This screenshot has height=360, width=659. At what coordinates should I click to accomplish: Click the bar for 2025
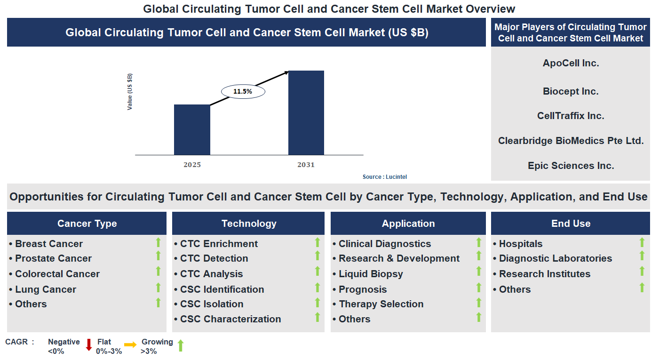192,130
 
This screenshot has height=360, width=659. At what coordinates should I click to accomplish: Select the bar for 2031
306,113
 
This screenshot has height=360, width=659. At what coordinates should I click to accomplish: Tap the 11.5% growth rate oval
243,91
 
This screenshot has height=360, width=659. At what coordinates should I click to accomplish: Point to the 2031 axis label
306,165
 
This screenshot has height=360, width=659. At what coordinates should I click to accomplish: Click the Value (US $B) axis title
130,92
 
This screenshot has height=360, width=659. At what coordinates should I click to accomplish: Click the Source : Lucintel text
384,177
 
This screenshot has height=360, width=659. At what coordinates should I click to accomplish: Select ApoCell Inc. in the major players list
571,63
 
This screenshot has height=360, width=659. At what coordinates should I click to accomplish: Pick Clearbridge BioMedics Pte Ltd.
571,140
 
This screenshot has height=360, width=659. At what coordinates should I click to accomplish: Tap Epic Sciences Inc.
571,166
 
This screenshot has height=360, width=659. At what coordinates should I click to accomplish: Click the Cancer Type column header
87,224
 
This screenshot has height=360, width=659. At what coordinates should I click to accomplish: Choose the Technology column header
248,224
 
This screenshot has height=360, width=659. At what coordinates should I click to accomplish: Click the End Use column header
571,224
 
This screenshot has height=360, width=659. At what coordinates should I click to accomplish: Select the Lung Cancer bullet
45,289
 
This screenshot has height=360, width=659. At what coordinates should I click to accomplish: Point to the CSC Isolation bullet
212,304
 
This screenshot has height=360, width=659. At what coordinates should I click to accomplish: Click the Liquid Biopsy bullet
371,274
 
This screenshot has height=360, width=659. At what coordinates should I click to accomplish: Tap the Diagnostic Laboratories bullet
555,258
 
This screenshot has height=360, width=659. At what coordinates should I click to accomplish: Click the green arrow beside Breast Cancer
159,242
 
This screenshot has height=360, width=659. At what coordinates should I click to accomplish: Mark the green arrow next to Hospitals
642,242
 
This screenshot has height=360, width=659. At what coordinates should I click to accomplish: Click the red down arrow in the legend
88,345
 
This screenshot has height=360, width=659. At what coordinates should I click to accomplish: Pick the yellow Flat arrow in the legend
130,345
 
